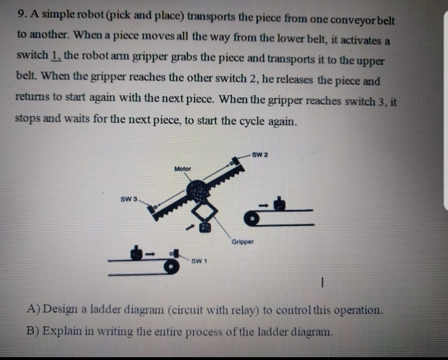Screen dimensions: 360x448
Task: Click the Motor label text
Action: pyautogui.click(x=183, y=169)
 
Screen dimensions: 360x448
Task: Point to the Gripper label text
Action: pyautogui.click(x=242, y=242)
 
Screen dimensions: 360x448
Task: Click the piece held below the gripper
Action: pyautogui.click(x=204, y=228)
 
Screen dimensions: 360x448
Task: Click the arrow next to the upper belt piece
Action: pyautogui.click(x=265, y=205)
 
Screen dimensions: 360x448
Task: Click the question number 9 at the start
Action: pyautogui.click(x=20, y=15)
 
